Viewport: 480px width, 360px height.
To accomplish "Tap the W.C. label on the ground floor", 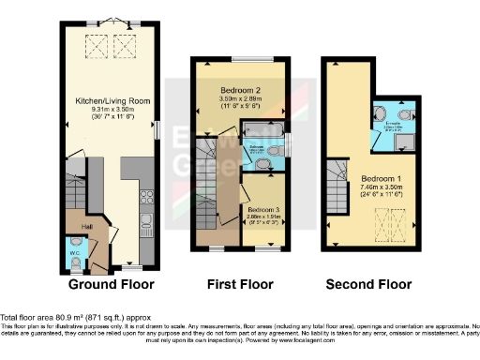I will (75, 252).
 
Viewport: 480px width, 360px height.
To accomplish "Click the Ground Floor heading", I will (112, 284).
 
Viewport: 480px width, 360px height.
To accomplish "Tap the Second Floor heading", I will (369, 284).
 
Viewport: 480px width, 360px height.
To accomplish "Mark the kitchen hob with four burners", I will (145, 198).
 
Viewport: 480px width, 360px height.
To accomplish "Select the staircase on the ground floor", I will (73, 192).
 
